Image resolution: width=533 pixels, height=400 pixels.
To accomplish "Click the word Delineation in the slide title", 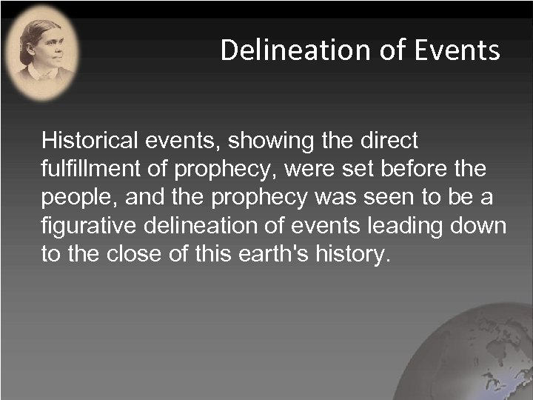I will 300,50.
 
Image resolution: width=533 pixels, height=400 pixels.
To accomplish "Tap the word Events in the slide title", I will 458,50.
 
